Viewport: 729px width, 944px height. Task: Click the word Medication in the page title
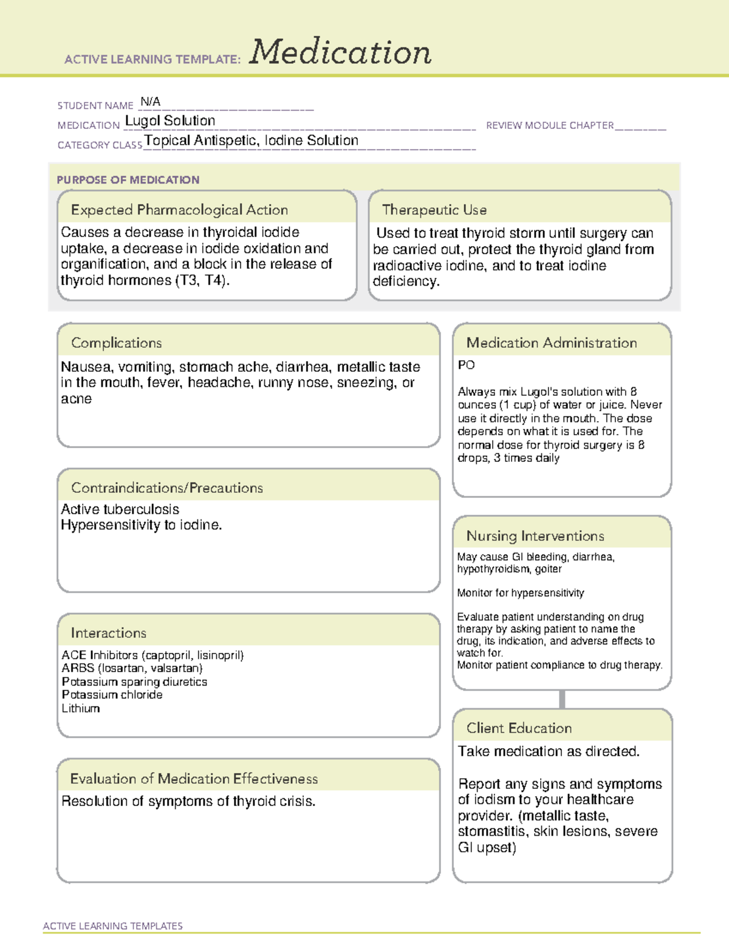tap(340, 53)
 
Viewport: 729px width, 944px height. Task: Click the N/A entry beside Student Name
tap(150, 102)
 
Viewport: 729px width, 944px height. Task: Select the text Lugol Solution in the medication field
tap(170, 121)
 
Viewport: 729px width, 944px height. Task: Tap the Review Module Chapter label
tap(550, 125)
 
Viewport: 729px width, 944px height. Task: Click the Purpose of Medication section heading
tap(128, 180)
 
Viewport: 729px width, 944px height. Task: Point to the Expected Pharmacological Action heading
tap(179, 210)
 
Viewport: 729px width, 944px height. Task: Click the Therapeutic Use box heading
tap(434, 210)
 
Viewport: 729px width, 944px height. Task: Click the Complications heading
tap(117, 343)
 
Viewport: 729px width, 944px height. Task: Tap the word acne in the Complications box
tap(77, 399)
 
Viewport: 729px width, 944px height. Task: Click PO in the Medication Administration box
tap(467, 365)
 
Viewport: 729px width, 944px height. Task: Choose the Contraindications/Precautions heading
tap(167, 488)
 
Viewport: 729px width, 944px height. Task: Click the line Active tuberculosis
tap(120, 509)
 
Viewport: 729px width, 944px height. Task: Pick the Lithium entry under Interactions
tap(81, 708)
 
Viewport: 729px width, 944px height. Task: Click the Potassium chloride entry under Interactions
tap(112, 694)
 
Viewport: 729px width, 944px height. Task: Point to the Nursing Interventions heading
tap(535, 536)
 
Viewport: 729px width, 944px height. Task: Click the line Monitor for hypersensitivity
tap(521, 593)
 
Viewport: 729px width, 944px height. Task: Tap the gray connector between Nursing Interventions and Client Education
tap(562, 699)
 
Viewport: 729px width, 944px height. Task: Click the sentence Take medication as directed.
tap(549, 751)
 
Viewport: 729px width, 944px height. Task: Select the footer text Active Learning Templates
tap(113, 926)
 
